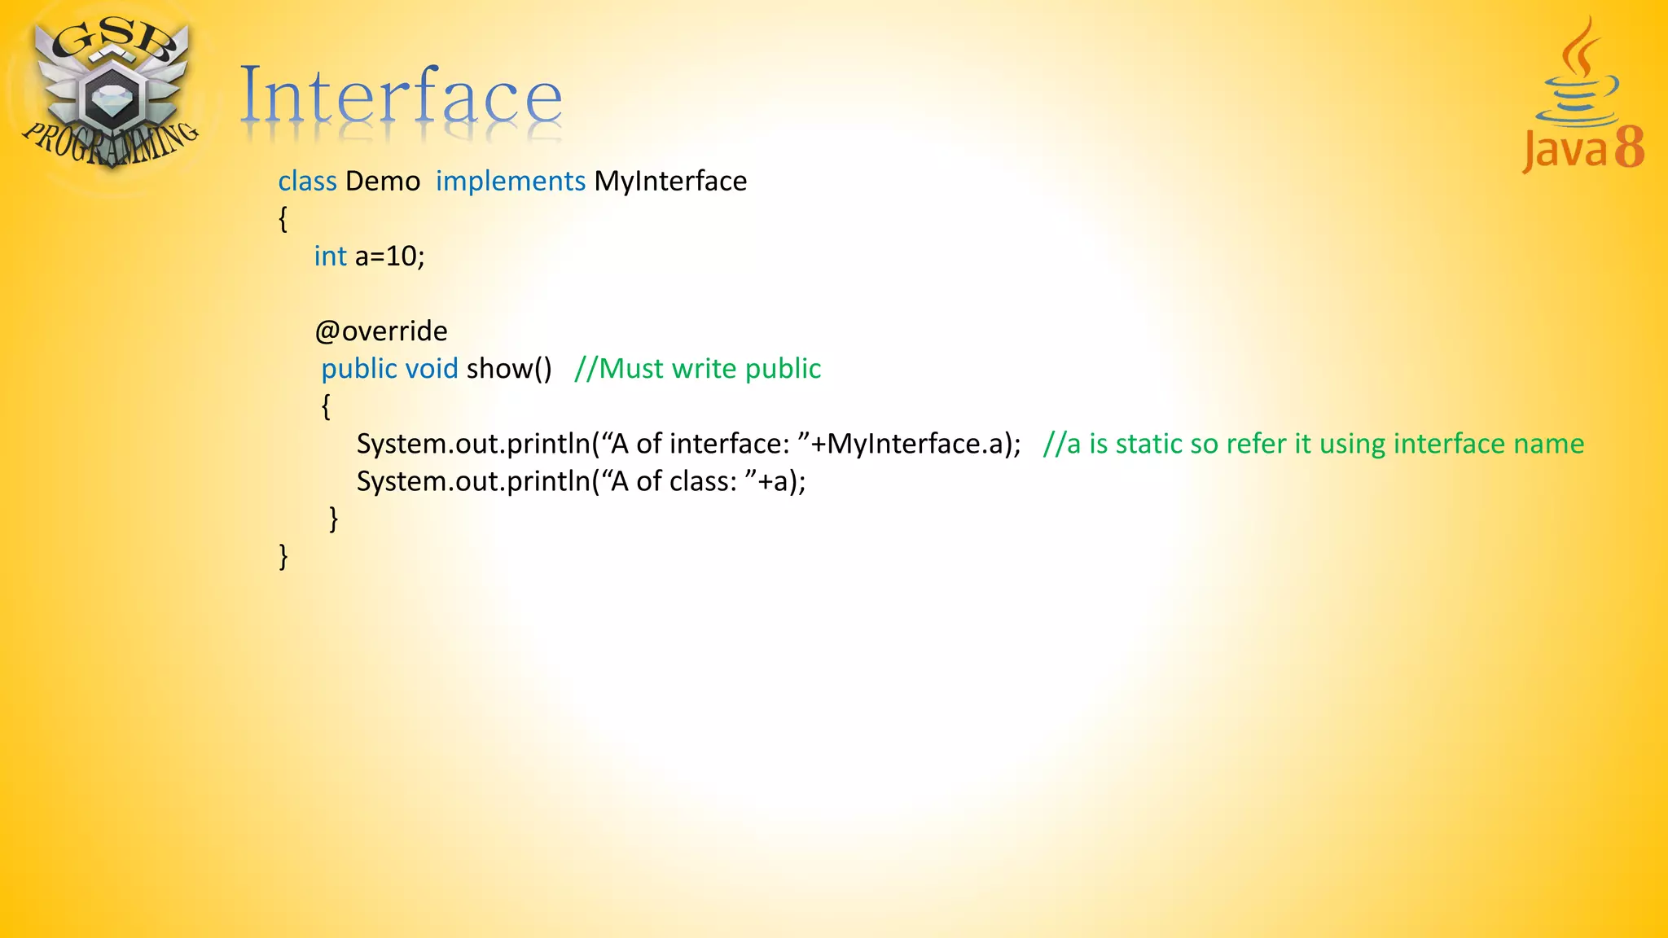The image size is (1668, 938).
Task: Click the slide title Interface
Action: click(x=401, y=96)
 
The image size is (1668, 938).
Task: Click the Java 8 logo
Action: click(x=1582, y=98)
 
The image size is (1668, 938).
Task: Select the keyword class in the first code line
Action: click(x=307, y=181)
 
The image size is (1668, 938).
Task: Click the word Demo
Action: click(x=383, y=181)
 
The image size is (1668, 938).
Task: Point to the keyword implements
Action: click(x=511, y=181)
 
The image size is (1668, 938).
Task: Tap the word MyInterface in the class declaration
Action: click(x=670, y=181)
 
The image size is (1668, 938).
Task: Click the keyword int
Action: click(x=330, y=256)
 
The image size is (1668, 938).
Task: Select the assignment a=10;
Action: click(x=389, y=256)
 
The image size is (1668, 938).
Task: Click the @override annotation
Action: click(x=381, y=331)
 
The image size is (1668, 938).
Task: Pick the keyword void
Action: click(x=432, y=369)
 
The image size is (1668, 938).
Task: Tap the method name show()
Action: click(x=509, y=369)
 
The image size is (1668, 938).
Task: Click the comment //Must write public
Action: click(x=697, y=369)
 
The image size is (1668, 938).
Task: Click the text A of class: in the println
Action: click(x=673, y=481)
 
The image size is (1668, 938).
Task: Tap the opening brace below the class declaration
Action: click(x=283, y=218)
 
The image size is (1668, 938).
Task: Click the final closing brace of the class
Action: click(x=283, y=556)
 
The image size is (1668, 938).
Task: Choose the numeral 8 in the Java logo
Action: click(x=1629, y=147)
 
